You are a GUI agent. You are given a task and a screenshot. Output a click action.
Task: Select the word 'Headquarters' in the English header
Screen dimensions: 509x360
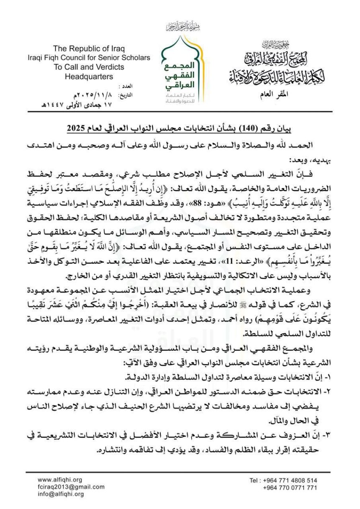coord(89,77)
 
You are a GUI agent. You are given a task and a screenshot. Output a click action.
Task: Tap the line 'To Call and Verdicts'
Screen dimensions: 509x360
coord(89,67)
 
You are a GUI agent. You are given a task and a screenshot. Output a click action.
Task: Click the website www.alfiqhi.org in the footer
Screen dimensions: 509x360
coord(60,480)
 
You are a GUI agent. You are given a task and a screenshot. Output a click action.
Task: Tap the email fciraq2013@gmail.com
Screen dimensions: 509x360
coord(71,487)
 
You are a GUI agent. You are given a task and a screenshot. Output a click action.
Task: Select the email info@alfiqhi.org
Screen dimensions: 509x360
coord(61,494)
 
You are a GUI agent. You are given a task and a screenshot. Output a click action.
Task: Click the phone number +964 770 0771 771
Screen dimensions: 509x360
coord(289,488)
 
